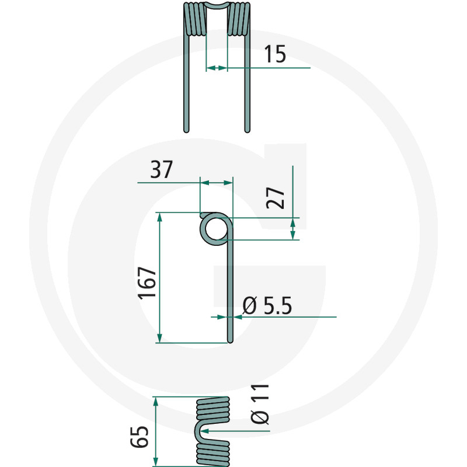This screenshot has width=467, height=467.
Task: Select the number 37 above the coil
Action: coord(162,170)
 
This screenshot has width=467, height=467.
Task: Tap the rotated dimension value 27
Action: coord(278,198)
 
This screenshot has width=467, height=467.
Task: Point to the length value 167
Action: coord(147,284)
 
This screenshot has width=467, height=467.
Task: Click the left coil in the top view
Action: coord(194,19)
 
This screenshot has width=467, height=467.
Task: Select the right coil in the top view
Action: coord(239,19)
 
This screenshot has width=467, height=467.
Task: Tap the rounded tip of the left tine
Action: coord(187,129)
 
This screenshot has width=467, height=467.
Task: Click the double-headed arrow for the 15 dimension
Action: coord(217,68)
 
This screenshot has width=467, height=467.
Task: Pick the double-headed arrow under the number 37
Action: coord(216,183)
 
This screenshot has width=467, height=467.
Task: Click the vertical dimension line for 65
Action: coord(155,432)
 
